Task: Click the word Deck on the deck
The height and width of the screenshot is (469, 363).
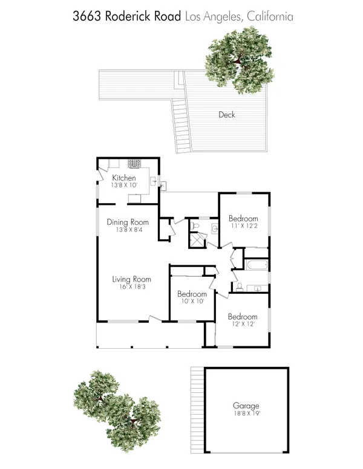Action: pos(227,115)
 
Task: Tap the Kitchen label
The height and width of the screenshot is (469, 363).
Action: pos(124,178)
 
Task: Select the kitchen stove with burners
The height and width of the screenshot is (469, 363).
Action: pos(133,164)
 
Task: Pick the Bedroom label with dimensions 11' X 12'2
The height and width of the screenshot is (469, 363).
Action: pos(243,219)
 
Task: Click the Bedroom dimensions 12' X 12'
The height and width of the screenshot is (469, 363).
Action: pos(242,325)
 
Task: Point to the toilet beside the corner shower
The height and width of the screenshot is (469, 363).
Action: pos(195,226)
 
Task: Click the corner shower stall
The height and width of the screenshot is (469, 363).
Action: pos(197,241)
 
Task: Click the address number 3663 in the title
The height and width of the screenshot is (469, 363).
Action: pos(87,16)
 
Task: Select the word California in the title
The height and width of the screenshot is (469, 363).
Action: pos(267,16)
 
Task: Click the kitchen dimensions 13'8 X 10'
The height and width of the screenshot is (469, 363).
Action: pos(124,185)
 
